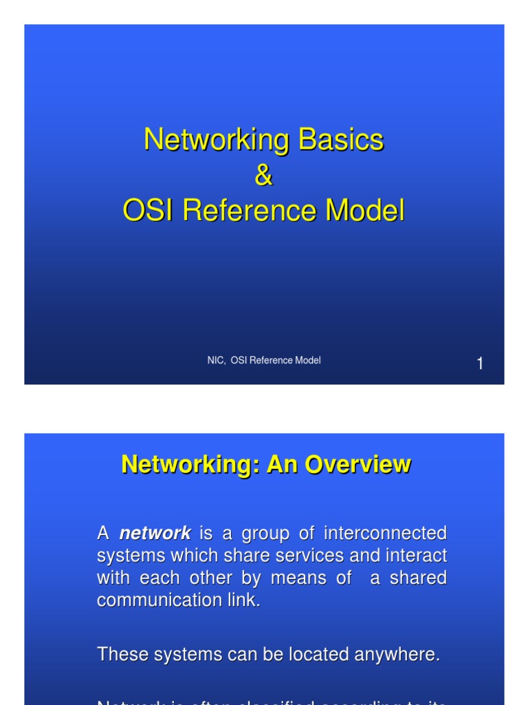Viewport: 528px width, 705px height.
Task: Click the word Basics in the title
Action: [x=340, y=140]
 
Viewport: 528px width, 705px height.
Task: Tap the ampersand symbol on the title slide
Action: [x=264, y=176]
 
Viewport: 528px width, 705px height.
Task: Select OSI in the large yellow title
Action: [x=148, y=211]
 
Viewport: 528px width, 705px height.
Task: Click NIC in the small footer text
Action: [x=215, y=360]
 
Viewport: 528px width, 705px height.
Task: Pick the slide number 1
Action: [x=480, y=364]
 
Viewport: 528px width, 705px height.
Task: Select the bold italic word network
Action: [x=155, y=533]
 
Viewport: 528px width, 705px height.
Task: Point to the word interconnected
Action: [x=385, y=533]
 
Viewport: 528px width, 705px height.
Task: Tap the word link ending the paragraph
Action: [x=246, y=600]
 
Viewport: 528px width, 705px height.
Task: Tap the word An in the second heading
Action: [x=280, y=465]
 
